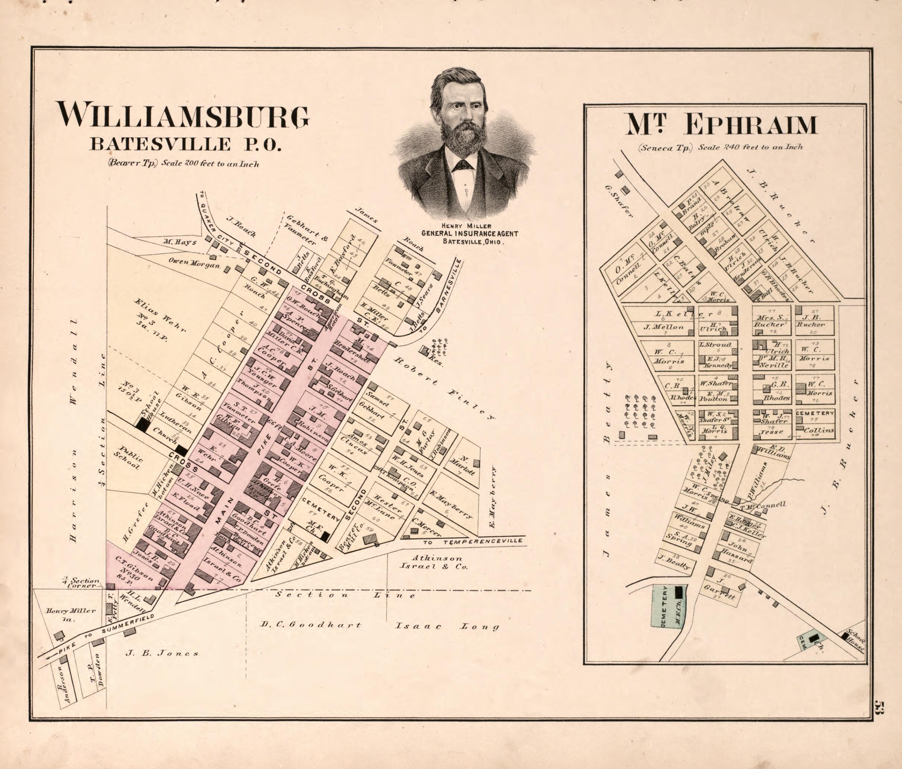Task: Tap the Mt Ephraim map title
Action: (x=721, y=124)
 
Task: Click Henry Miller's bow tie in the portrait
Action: (x=462, y=165)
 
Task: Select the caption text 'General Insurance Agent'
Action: (x=469, y=233)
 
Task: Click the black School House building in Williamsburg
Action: (x=142, y=424)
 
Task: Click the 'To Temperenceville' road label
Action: (x=472, y=541)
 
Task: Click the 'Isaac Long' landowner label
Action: (x=447, y=627)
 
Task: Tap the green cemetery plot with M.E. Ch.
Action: (x=669, y=606)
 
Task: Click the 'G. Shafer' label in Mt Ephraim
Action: (x=618, y=201)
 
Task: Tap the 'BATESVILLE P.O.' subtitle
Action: (x=185, y=144)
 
